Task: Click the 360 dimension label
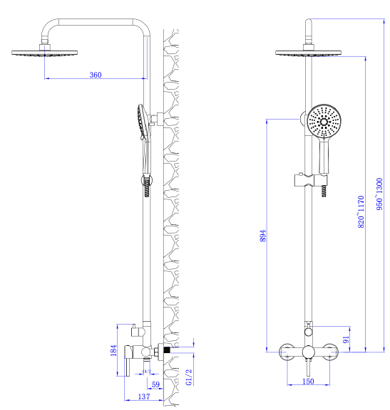pos(96,75)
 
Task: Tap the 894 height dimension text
pos(263,236)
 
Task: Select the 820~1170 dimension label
pos(361,212)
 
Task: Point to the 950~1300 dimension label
pos(379,194)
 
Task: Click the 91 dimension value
pos(346,340)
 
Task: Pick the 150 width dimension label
pos(308,382)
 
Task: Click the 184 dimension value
pos(113,350)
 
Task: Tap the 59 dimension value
pos(155,384)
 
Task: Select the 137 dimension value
pos(144,396)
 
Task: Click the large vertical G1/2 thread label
pos(189,377)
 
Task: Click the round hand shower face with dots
pos(324,121)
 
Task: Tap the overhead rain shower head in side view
pos(44,53)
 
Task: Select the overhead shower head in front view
pos(308,53)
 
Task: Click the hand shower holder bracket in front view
pos(311,180)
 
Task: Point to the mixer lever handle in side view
pos(128,361)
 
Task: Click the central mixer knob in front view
pos(308,352)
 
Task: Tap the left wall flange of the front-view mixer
pos(287,352)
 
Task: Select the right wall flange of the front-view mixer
pos(329,352)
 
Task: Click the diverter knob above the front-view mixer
pos(309,332)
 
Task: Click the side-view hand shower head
pos(142,121)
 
